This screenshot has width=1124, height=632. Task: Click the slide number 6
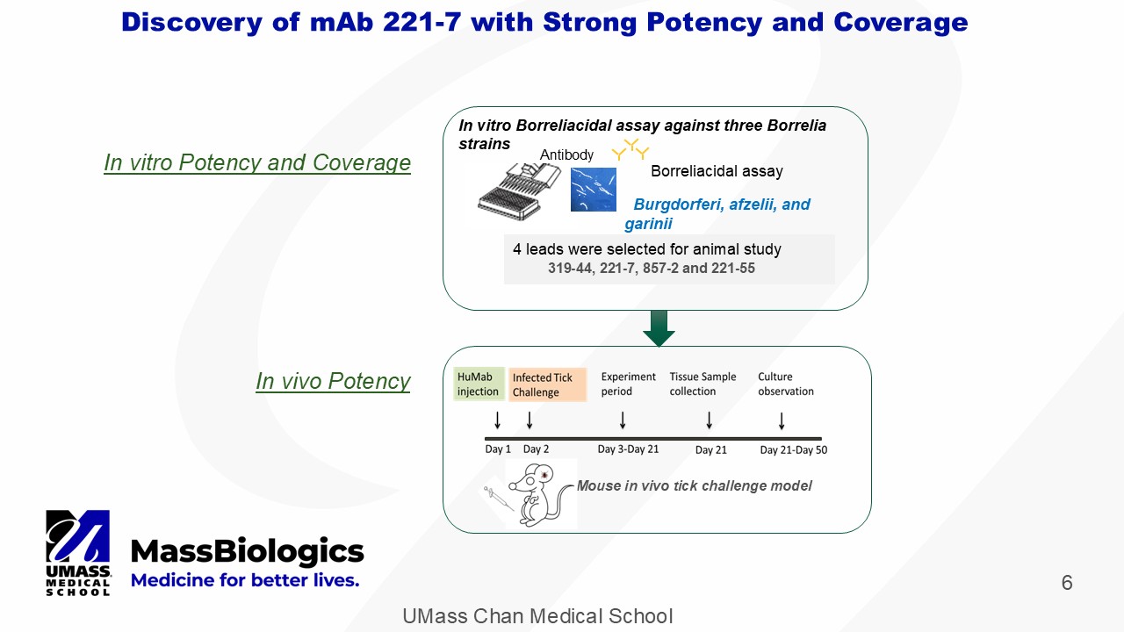pyautogui.click(x=1067, y=583)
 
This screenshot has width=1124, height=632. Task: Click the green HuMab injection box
pyautogui.click(x=479, y=384)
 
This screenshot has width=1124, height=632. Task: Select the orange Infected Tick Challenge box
pyautogui.click(x=547, y=384)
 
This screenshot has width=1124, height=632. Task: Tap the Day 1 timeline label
pyautogui.click(x=498, y=449)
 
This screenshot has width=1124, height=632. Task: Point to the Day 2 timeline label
pyautogui.click(x=536, y=449)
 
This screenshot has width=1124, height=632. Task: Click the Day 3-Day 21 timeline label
pyautogui.click(x=628, y=449)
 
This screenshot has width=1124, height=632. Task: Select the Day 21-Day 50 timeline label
pyautogui.click(x=793, y=450)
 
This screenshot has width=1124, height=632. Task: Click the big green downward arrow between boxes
pyautogui.click(x=659, y=327)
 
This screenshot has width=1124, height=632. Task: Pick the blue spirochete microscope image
pyautogui.click(x=593, y=190)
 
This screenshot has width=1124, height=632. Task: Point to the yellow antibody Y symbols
pyautogui.click(x=630, y=150)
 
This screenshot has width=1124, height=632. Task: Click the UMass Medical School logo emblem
pyautogui.click(x=78, y=541)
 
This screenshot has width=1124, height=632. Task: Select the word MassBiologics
pyautogui.click(x=247, y=551)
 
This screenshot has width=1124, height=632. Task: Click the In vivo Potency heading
pyautogui.click(x=333, y=381)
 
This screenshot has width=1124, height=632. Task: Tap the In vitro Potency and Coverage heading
pyautogui.click(x=257, y=162)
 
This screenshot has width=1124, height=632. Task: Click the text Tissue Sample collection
pyautogui.click(x=702, y=384)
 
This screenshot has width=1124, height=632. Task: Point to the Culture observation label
pyautogui.click(x=786, y=384)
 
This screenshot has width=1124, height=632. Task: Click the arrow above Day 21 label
pyautogui.click(x=710, y=421)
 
